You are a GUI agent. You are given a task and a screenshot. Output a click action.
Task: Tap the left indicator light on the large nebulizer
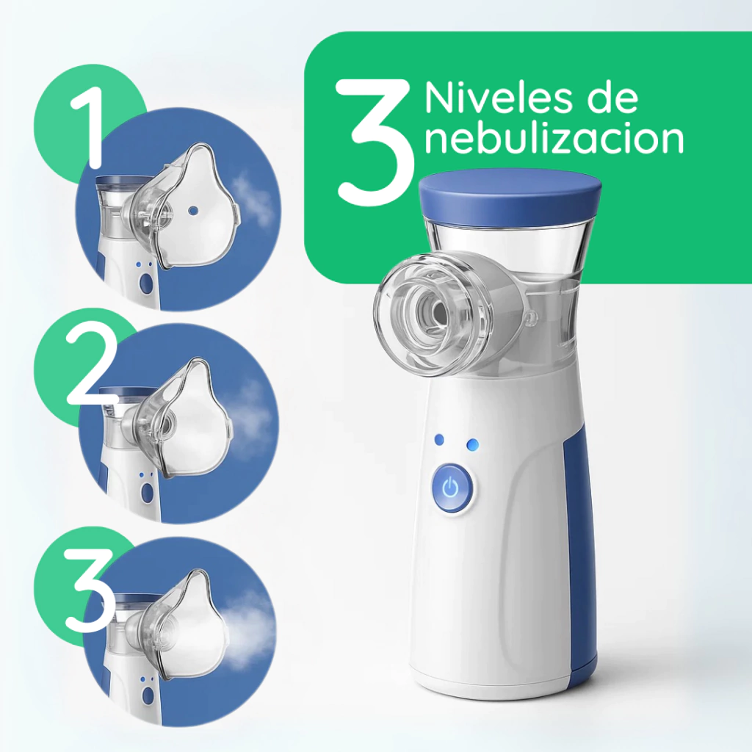[x=438, y=440]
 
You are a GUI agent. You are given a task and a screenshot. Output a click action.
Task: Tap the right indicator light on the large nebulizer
[x=473, y=444]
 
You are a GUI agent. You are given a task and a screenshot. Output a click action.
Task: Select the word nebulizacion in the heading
[x=554, y=139]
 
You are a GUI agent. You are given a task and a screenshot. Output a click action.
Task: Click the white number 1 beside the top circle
[x=90, y=129]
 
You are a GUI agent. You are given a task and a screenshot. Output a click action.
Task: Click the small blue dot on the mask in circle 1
[x=193, y=210]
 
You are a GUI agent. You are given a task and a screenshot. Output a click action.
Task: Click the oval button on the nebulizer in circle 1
[x=145, y=285]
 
